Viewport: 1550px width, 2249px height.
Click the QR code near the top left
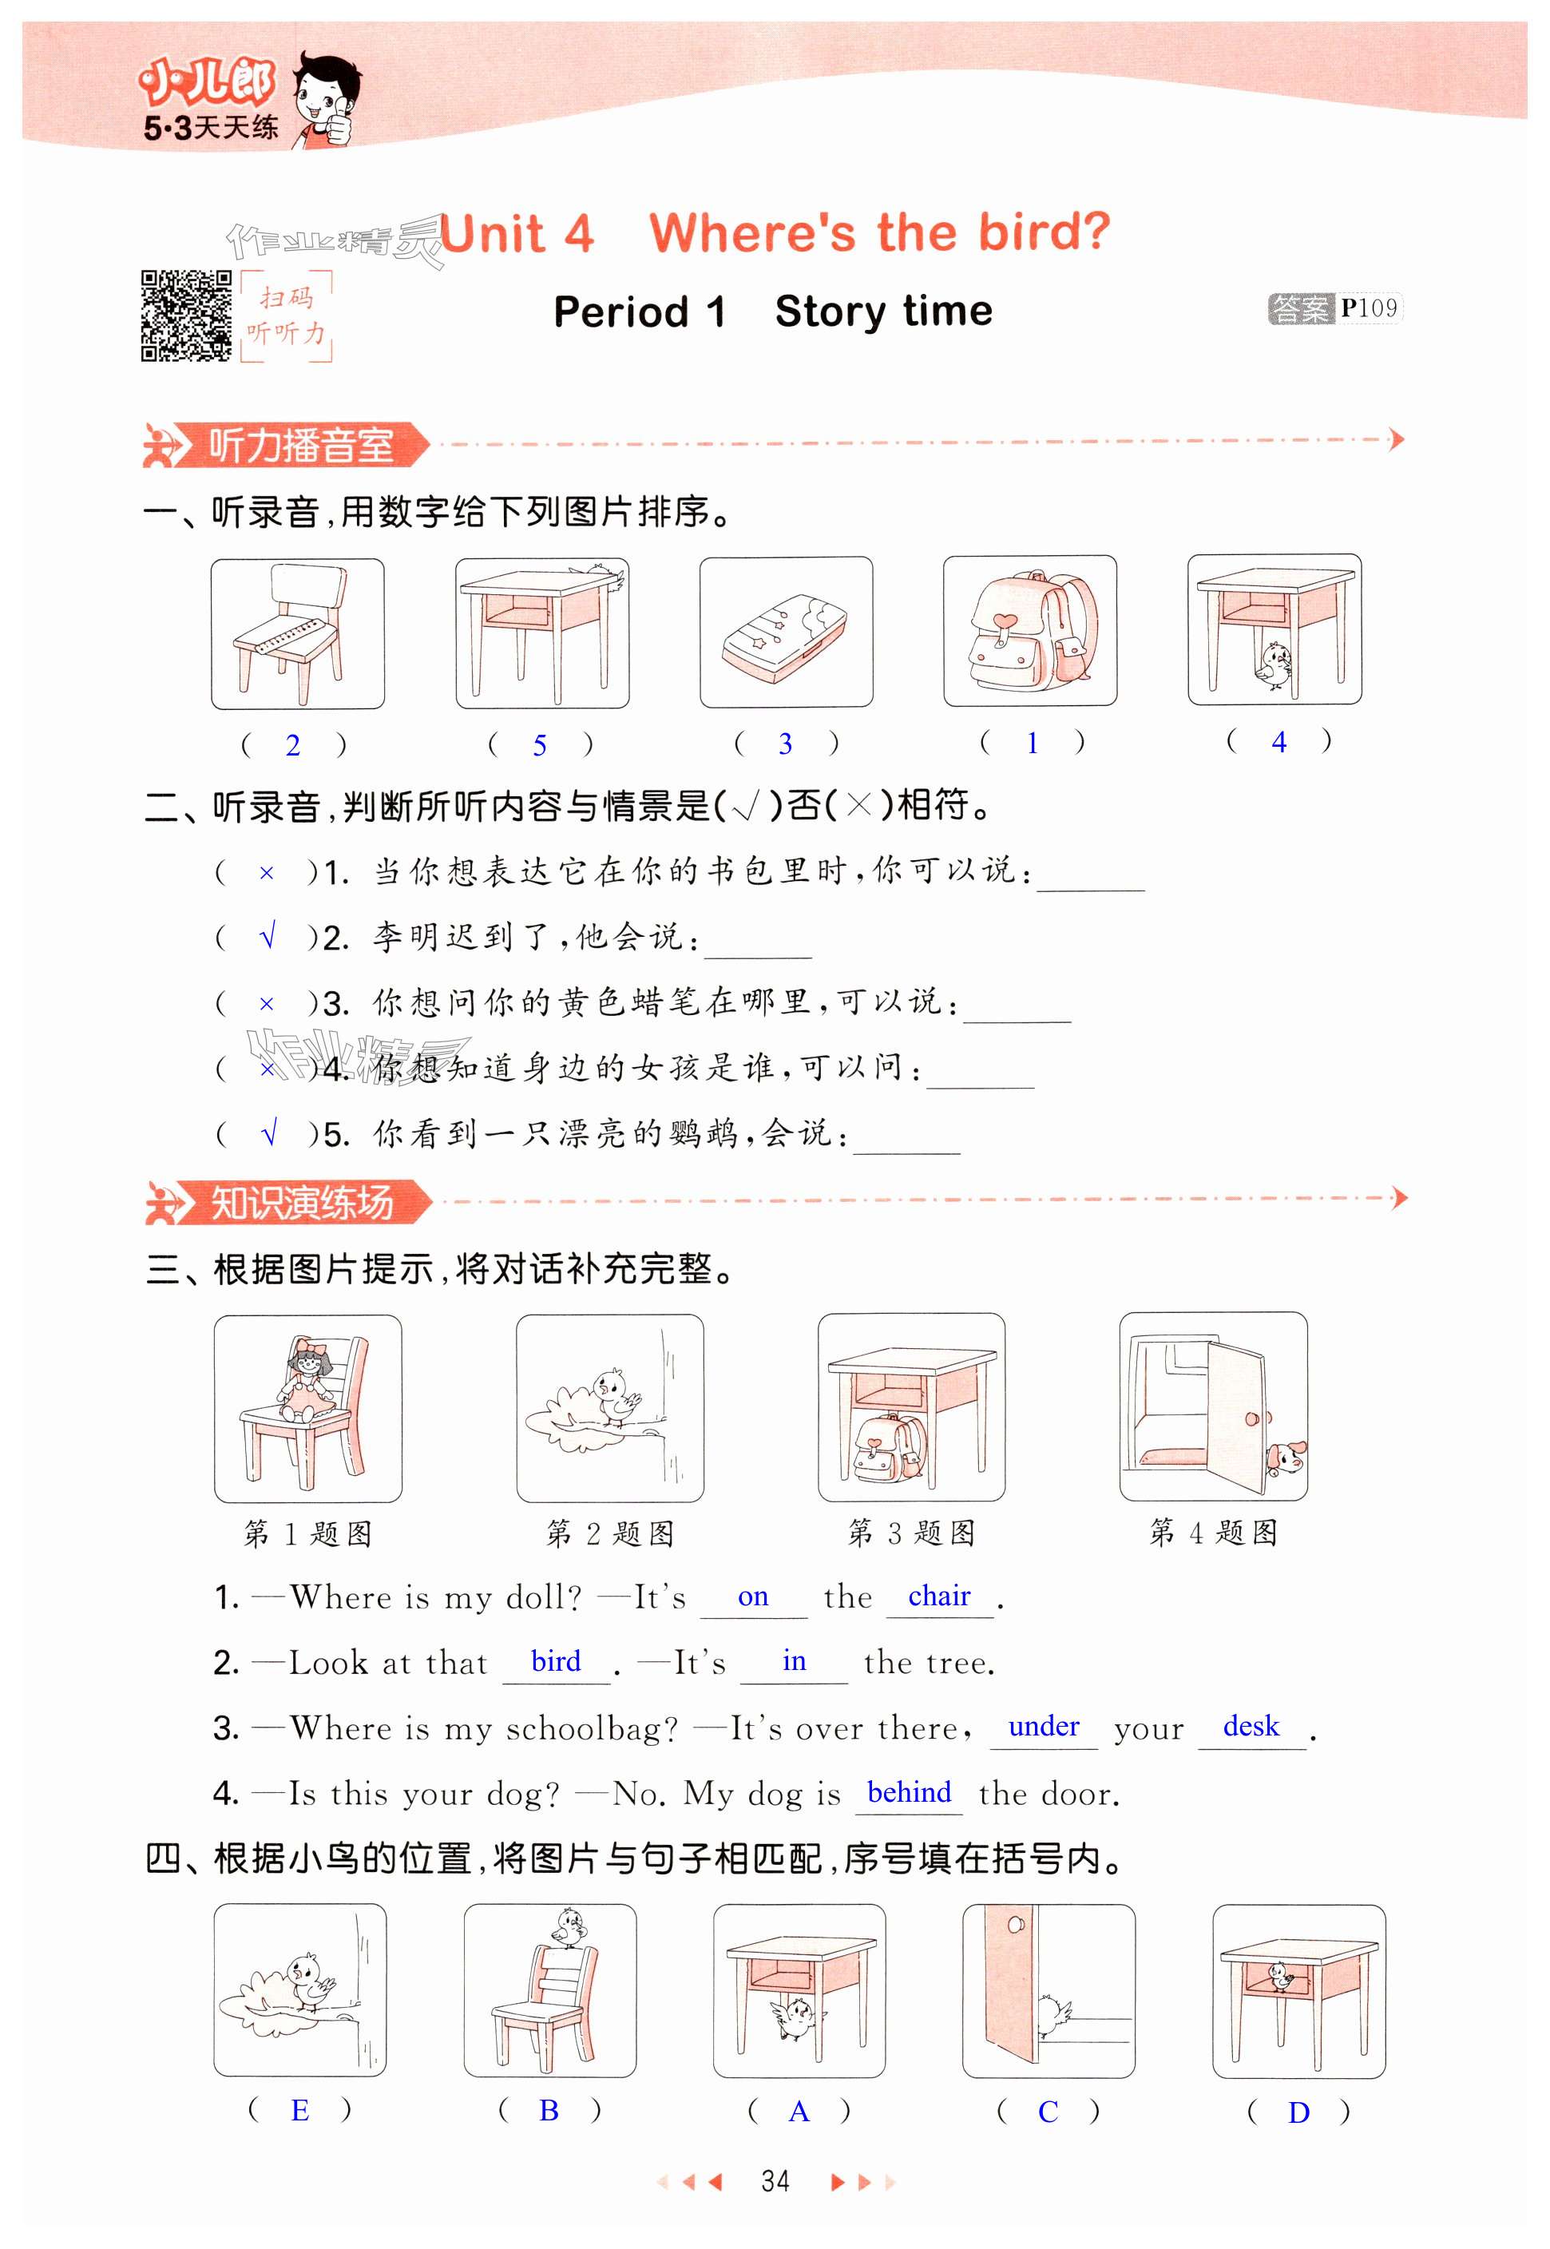(187, 315)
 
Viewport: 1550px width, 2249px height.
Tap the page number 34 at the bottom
(775, 2181)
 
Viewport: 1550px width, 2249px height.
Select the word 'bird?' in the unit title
(1043, 233)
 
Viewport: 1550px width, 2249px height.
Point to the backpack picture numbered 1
(1029, 631)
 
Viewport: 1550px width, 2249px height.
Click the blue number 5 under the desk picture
(540, 745)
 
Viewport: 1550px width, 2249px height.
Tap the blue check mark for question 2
(269, 936)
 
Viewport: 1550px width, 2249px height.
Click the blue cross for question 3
(267, 1004)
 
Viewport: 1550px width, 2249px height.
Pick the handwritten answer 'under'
(1043, 1726)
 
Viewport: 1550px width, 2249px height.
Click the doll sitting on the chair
(307, 1377)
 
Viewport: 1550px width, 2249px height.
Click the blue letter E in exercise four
(299, 2109)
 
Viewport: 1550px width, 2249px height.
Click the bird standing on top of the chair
(567, 1926)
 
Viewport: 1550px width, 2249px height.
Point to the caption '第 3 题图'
(911, 1533)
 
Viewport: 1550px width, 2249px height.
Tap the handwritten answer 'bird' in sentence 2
(556, 1660)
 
